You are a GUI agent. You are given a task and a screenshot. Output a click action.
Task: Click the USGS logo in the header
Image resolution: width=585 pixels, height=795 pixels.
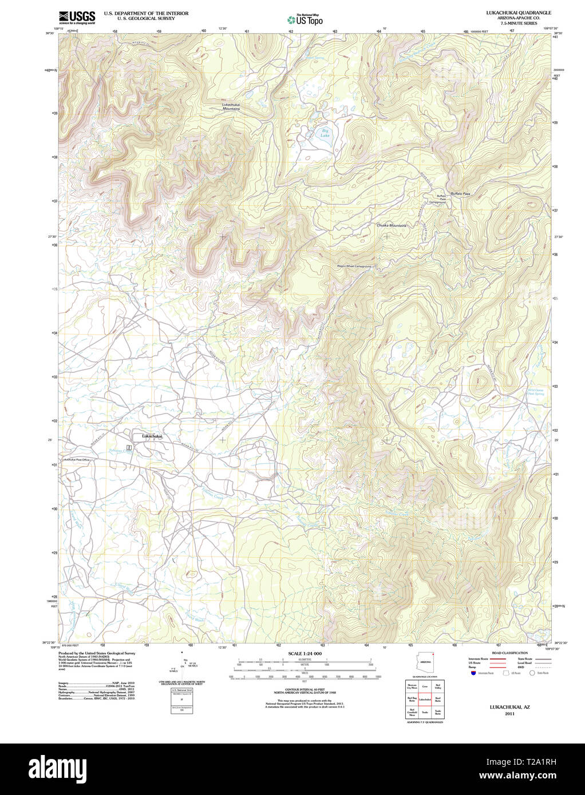77,18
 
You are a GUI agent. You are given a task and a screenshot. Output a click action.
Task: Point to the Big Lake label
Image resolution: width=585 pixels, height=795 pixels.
325,134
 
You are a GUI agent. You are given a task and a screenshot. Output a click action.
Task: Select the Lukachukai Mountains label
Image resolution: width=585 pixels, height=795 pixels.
231,106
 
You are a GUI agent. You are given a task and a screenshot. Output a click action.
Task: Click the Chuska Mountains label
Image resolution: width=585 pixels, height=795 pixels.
392,225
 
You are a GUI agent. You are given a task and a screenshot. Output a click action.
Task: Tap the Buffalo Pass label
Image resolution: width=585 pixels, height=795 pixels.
460,194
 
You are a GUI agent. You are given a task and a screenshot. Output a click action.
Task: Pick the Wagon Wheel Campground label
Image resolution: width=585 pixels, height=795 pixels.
354,267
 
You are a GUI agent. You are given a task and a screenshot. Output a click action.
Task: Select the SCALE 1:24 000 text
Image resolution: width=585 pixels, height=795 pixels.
305,653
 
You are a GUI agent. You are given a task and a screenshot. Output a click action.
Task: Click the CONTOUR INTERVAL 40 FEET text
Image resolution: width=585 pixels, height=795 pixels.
305,690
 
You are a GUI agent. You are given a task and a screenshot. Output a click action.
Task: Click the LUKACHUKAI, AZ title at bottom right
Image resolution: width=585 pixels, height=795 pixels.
509,707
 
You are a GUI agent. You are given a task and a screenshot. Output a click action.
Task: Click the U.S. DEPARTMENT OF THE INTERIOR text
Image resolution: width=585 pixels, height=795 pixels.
146,13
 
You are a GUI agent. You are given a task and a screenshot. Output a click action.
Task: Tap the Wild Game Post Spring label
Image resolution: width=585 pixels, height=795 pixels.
535,392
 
